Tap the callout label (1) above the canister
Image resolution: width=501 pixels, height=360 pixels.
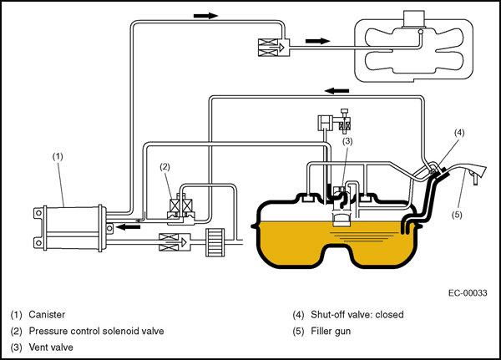(58, 155)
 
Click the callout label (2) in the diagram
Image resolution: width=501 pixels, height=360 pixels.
(165, 167)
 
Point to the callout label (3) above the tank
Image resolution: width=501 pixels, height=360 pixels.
(348, 142)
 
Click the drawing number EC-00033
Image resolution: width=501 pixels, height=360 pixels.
(467, 292)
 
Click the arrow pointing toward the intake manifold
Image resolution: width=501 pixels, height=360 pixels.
(318, 40)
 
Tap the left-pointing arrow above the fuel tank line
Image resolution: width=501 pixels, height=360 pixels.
(337, 89)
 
